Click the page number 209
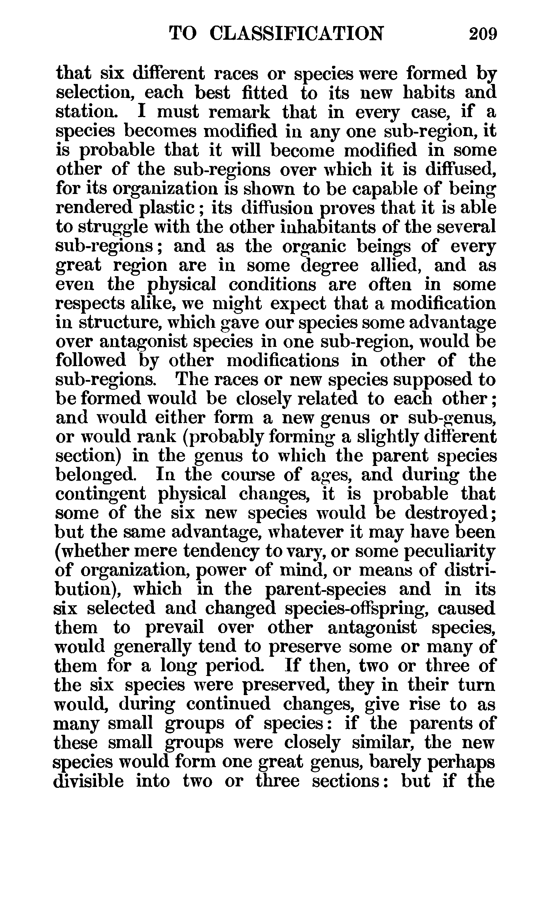point(483,34)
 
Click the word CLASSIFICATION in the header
point(297,34)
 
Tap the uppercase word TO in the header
point(183,34)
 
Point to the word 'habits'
point(429,93)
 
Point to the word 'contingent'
point(101,494)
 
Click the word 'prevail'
point(174,627)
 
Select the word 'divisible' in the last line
point(88,781)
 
